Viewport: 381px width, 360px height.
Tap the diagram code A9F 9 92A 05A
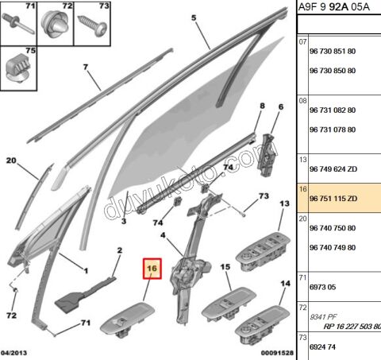pyautogui.click(x=338, y=9)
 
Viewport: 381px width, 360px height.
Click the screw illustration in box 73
pyautogui.click(x=95, y=25)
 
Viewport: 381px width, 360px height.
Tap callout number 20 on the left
pyautogui.click(x=11, y=161)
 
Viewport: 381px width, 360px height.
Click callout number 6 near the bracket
pyautogui.click(x=280, y=107)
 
